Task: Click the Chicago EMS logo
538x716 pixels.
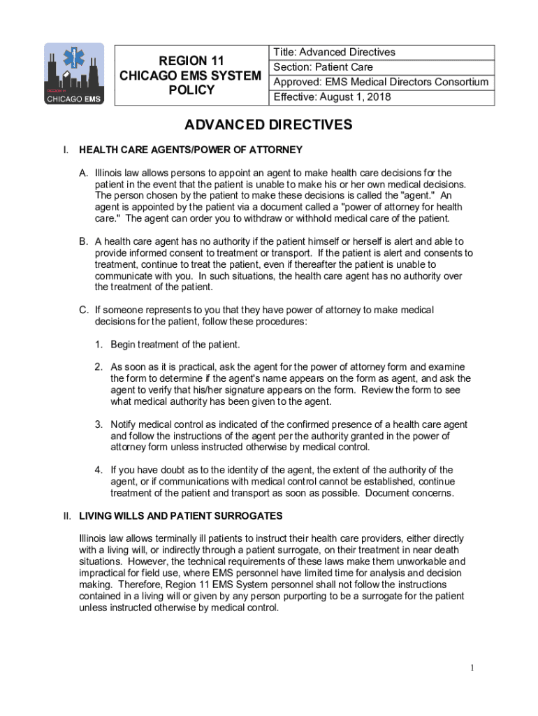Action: [x=73, y=74]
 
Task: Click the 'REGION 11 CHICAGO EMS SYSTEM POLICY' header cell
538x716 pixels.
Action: [x=191, y=76]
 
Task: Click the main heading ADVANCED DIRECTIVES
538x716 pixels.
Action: [x=268, y=125]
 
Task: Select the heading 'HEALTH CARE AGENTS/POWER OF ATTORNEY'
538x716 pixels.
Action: [x=191, y=150]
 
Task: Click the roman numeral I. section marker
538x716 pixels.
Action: [x=65, y=150]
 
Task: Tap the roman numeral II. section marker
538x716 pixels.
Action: [x=66, y=516]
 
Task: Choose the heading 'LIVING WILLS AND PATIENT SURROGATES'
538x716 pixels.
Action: [x=181, y=516]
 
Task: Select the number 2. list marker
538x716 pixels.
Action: [x=100, y=367]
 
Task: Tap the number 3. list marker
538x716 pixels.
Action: [x=100, y=424]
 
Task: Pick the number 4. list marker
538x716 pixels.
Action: [x=100, y=470]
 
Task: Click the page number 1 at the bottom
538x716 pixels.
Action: [x=472, y=668]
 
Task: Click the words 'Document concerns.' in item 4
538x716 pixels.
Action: [x=409, y=493]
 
